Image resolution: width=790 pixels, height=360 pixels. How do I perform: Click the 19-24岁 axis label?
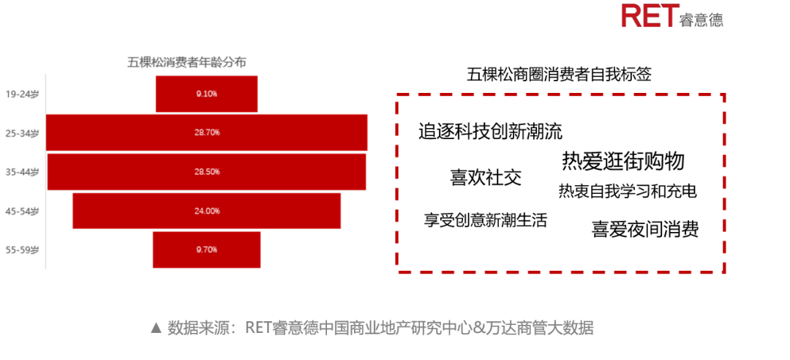22,94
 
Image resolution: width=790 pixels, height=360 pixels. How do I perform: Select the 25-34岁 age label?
22,133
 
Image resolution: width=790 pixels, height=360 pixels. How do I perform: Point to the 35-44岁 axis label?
22,172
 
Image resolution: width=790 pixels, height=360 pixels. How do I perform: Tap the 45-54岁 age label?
22,211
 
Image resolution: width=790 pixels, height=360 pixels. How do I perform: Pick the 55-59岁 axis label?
22,250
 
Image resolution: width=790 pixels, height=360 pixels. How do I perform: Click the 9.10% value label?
206,94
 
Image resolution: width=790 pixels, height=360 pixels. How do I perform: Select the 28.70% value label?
206,132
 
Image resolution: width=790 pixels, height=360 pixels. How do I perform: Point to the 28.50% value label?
206,172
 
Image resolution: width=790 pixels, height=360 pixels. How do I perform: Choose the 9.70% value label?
206,250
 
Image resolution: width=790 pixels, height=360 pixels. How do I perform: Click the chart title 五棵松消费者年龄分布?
187,62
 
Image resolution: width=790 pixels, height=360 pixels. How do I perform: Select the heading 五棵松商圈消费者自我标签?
560,75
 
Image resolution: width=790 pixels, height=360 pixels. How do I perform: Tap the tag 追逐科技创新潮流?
490,132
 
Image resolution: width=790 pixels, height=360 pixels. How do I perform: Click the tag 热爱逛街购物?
623,162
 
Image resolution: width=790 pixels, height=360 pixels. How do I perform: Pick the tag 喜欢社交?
486,178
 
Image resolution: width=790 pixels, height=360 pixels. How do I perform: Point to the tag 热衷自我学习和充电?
628,192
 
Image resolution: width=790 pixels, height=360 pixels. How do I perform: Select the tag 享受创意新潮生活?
485,220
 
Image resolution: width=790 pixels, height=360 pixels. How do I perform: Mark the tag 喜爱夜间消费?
645,230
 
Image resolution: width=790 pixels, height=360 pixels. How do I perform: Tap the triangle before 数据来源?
157,329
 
